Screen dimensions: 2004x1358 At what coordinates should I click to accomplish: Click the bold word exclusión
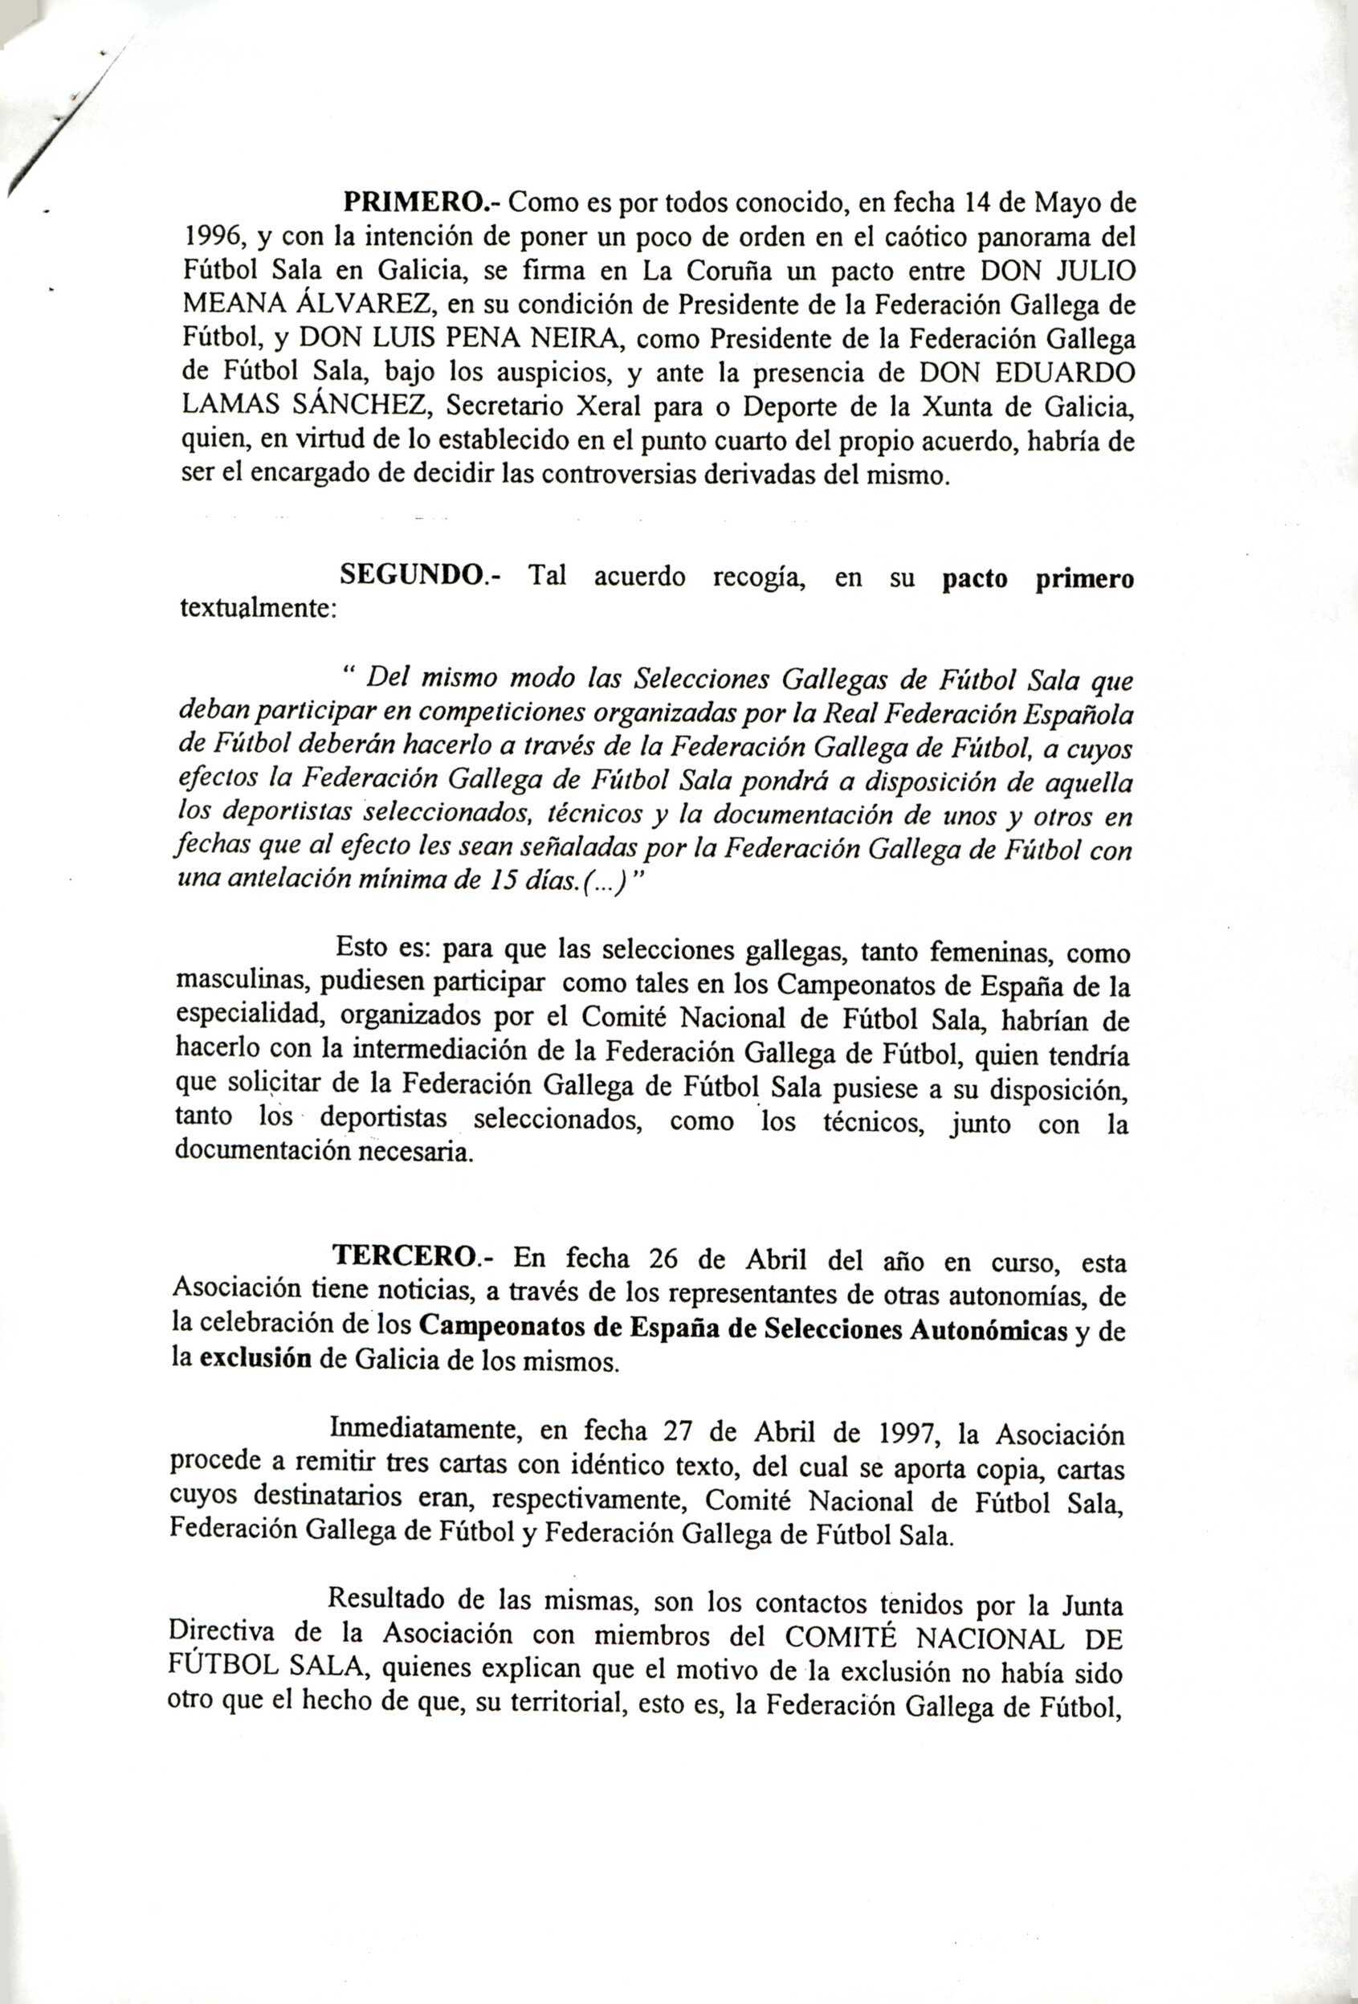(255, 1361)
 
